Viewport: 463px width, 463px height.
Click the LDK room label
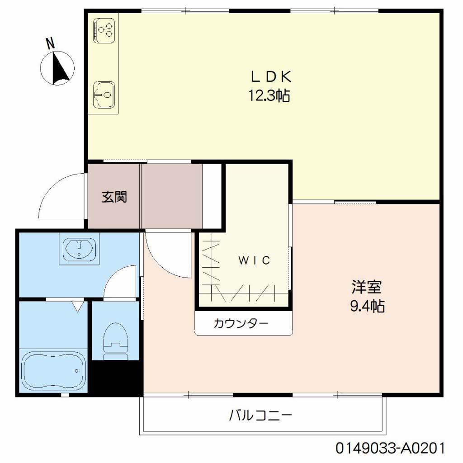click(x=271, y=77)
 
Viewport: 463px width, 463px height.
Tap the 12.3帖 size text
click(x=269, y=95)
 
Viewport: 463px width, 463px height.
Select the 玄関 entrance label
click(x=114, y=197)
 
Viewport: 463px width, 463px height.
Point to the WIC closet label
click(x=254, y=260)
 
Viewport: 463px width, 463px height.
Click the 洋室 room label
click(x=367, y=287)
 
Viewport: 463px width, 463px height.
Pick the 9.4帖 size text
click(x=367, y=306)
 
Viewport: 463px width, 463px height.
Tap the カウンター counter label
click(x=241, y=323)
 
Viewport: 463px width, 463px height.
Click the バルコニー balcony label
click(x=261, y=416)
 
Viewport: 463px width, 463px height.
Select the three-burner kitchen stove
click(x=104, y=28)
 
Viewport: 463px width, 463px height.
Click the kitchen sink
click(x=104, y=95)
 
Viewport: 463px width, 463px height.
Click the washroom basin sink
click(x=79, y=248)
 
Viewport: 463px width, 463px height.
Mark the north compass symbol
click(x=57, y=69)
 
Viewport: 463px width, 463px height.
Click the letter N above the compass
click(x=51, y=44)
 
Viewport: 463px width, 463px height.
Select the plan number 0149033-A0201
click(x=390, y=448)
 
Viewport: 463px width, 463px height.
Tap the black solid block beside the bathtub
click(x=115, y=378)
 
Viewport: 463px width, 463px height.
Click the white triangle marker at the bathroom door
click(x=78, y=307)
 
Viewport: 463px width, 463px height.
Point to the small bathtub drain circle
click(x=77, y=371)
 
